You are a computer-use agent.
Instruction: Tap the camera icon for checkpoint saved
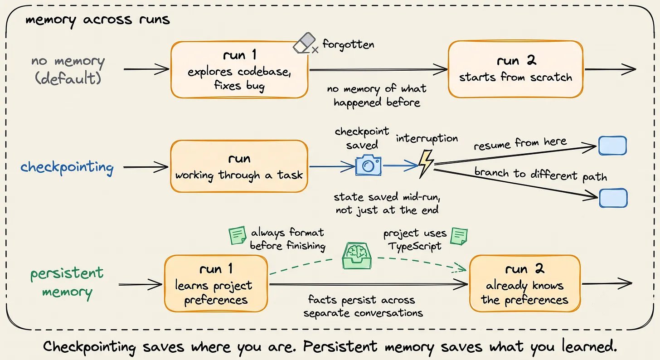point(368,165)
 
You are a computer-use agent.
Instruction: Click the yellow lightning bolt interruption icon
point(426,164)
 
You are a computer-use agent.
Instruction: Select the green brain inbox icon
point(357,256)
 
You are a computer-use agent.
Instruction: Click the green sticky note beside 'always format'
point(238,235)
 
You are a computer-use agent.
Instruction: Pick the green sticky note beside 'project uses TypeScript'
point(459,236)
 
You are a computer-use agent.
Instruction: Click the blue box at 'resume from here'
point(612,146)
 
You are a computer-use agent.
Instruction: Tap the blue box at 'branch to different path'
point(613,198)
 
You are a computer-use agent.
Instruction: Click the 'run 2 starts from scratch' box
point(516,69)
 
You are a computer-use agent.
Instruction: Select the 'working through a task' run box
point(239,166)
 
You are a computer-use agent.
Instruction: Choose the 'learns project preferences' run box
point(216,283)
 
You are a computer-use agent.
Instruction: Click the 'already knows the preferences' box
point(525,283)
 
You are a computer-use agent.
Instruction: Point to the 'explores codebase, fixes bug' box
point(239,69)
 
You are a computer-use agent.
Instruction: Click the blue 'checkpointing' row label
point(67,168)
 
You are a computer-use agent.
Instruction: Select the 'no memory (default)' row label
point(68,70)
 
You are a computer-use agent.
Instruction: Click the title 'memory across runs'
point(97,20)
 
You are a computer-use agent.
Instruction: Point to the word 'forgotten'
point(348,44)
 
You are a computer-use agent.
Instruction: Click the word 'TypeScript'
point(415,246)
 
